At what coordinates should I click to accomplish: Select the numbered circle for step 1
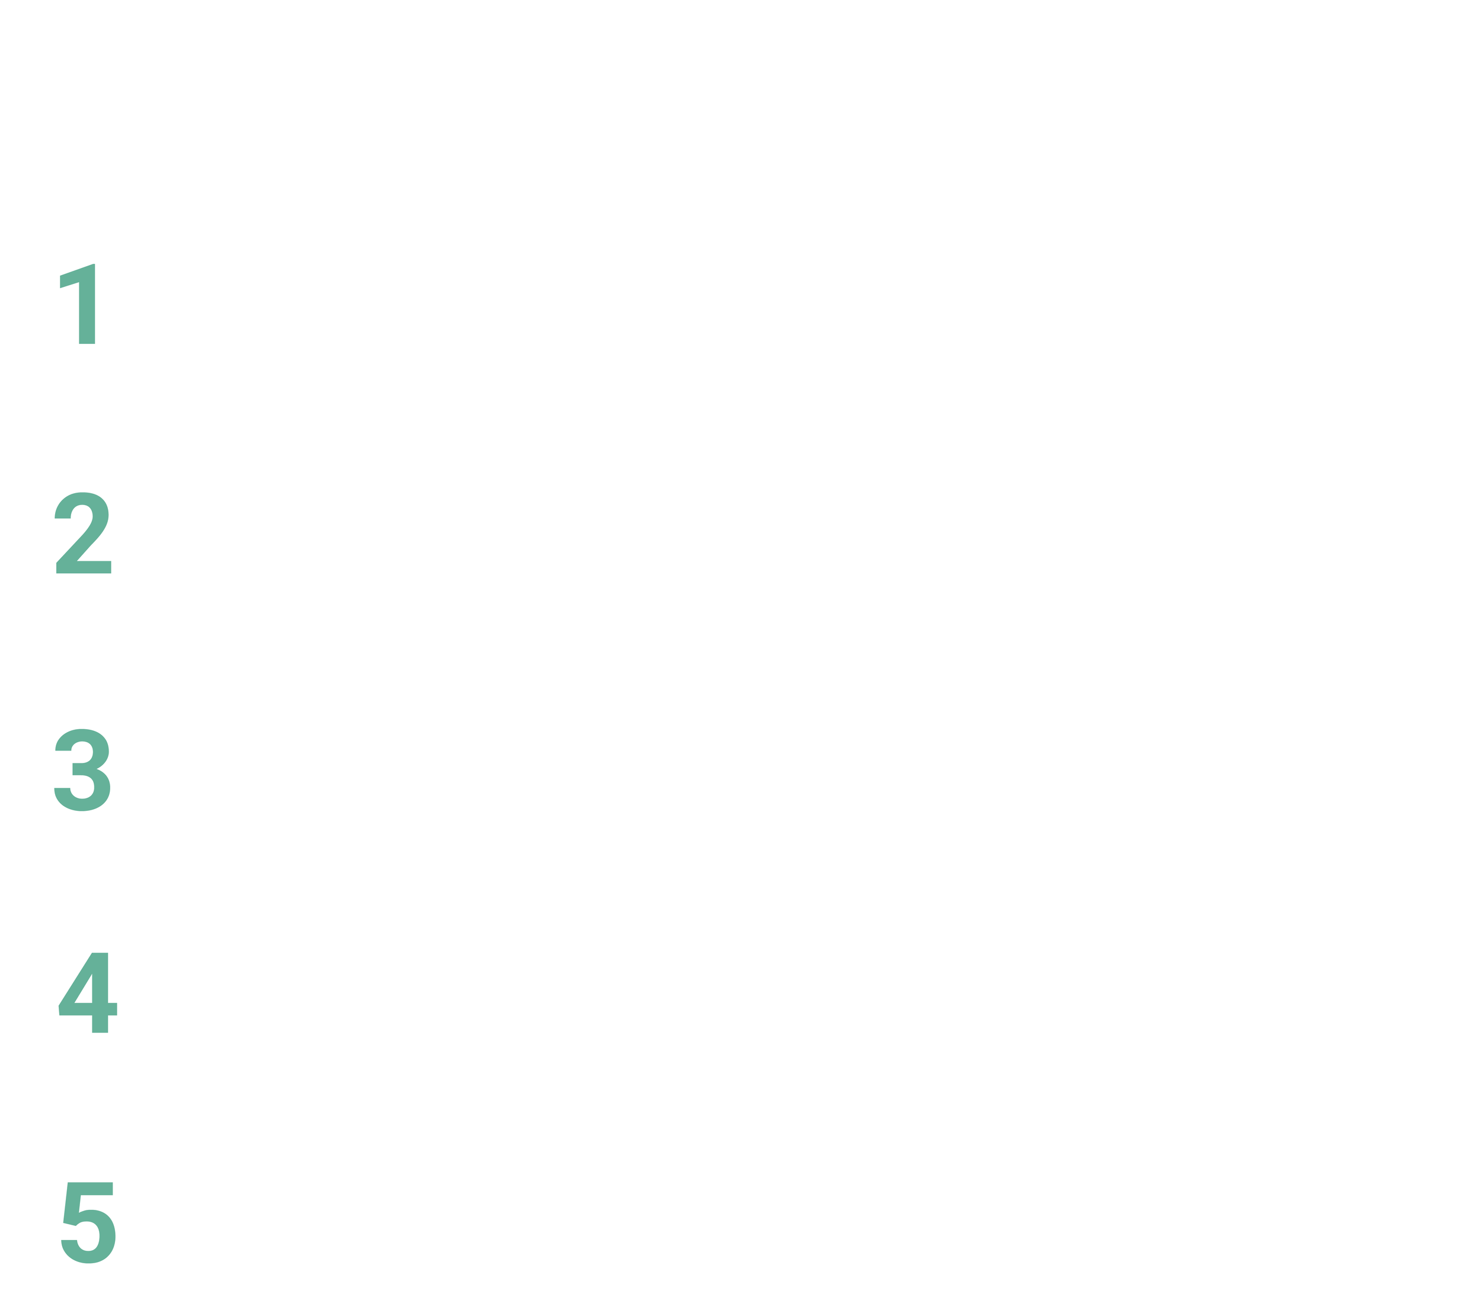[x=84, y=310]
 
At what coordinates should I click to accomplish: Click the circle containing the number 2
[x=84, y=540]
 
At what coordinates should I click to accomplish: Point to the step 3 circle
[x=84, y=770]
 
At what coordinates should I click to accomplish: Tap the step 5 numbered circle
[x=87, y=1229]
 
